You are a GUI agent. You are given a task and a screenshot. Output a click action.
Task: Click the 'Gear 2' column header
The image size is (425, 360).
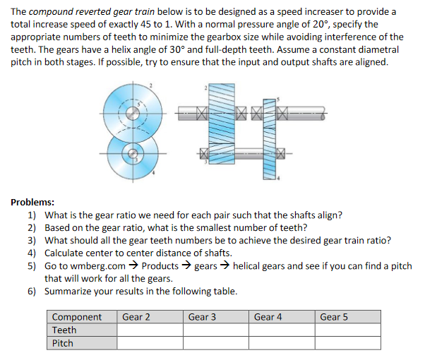coord(136,317)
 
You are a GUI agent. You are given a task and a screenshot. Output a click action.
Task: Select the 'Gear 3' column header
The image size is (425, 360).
coord(202,317)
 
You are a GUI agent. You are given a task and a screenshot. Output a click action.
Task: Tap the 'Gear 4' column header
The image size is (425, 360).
coord(268,317)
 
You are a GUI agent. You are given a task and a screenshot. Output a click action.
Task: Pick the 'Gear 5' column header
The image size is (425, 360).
coord(334,317)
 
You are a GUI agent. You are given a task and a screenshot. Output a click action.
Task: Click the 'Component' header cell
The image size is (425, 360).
coord(77,317)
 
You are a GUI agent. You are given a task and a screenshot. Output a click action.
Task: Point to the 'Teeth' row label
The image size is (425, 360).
coord(64,330)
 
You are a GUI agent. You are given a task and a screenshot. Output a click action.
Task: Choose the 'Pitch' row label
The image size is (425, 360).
coord(63,343)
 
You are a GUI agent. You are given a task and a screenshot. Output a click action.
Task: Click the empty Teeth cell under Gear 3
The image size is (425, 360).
coord(215,330)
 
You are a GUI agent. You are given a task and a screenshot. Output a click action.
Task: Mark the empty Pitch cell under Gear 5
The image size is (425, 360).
coord(348,343)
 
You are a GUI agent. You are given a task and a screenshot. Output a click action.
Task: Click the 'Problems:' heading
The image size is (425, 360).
coord(34,202)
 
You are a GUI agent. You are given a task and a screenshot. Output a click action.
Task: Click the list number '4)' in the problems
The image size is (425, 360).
coord(32,253)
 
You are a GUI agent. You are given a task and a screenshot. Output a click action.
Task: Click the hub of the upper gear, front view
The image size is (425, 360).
coord(128,112)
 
